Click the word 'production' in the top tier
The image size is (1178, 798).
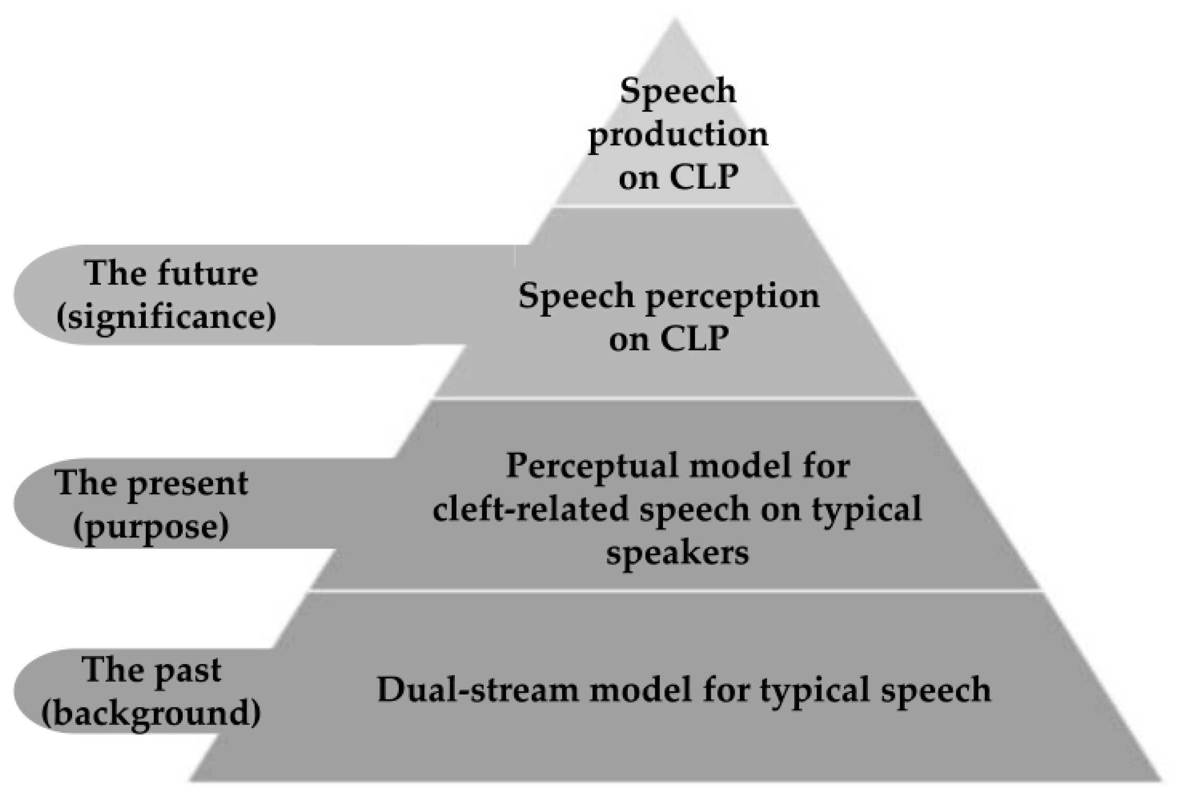pos(678,136)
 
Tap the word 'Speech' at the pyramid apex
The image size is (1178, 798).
pos(678,91)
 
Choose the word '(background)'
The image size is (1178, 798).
pos(151,713)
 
